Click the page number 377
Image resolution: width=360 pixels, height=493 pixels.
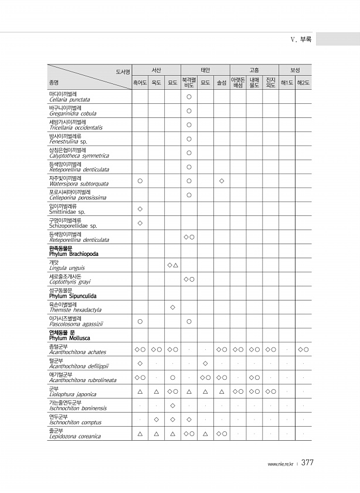[308, 463]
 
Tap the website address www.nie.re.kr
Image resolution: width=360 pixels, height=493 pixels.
[281, 464]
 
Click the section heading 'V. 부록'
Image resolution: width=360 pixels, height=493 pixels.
[301, 39]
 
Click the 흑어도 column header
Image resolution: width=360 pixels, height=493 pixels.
[140, 83]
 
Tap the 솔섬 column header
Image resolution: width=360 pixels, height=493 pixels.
[222, 83]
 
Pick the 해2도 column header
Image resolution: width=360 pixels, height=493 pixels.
[303, 83]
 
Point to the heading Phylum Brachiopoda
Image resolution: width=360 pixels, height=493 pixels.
[73, 254]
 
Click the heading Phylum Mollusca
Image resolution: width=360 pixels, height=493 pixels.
[69, 338]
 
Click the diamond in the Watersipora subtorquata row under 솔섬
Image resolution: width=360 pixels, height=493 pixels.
[222, 180]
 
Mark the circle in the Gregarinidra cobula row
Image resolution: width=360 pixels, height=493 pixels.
[189, 110]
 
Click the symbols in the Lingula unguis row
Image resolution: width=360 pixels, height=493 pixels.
[172, 265]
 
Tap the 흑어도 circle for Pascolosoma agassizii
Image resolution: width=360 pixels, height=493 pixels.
[140, 321]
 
